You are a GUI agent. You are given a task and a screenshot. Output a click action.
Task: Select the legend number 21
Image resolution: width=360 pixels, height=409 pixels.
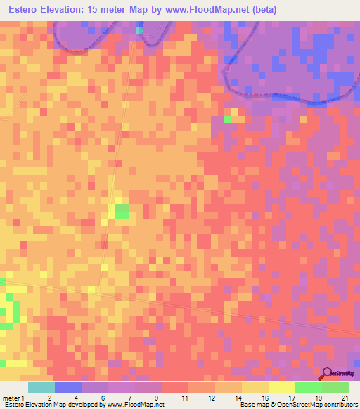click(345, 398)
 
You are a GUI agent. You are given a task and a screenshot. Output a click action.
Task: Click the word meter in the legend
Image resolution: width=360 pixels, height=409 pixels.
click(9, 398)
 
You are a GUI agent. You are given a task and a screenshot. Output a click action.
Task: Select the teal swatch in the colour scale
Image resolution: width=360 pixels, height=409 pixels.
click(41, 387)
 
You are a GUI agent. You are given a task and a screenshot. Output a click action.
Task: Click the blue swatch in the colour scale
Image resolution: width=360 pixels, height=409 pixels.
click(68, 387)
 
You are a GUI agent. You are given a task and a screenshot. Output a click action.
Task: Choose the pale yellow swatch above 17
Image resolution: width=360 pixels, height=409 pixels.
click(281, 387)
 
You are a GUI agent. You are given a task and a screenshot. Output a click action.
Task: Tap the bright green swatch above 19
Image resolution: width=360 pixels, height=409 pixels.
click(308, 387)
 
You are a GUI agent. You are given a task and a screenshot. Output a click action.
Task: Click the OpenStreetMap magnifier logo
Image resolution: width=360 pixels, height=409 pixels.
click(328, 373)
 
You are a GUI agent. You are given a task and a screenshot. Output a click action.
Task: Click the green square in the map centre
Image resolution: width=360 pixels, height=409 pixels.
click(122, 212)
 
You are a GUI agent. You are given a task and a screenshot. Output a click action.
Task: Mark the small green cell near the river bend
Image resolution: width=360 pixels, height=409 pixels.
click(228, 119)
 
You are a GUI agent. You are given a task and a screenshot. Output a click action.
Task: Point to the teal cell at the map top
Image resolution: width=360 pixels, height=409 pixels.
click(139, 30)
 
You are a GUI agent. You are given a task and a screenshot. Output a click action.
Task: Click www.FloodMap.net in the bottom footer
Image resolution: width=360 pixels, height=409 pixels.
click(134, 405)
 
